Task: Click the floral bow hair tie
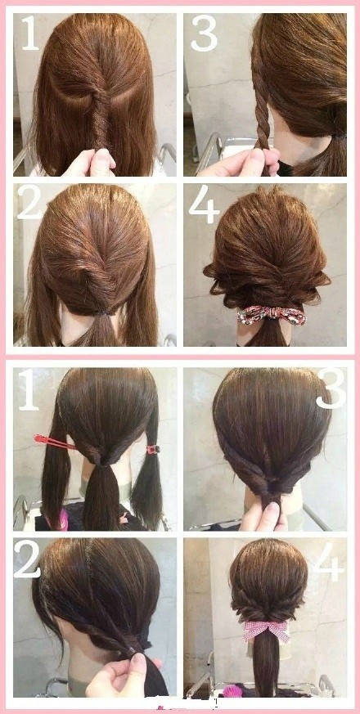(x=271, y=315)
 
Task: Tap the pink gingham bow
(x=266, y=631)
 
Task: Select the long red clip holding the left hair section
(x=54, y=442)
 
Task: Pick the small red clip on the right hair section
(x=153, y=450)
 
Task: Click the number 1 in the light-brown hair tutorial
(x=29, y=33)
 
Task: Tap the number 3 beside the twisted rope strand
(x=205, y=33)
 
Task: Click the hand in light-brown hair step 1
(x=91, y=163)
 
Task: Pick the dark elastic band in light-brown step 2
(x=103, y=312)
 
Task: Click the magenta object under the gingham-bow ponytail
(x=232, y=691)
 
